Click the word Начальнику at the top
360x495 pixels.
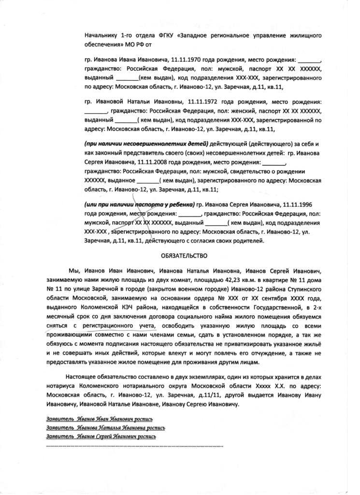point(100,36)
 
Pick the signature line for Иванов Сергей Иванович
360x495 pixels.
point(101,437)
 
